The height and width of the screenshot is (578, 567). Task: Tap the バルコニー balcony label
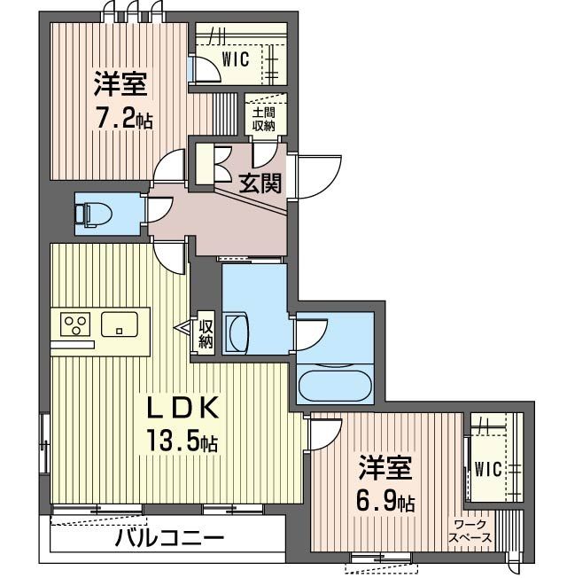pyautogui.click(x=168, y=538)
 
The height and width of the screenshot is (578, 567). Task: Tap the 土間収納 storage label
pyautogui.click(x=263, y=119)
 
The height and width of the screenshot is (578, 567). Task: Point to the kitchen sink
pyautogui.click(x=120, y=324)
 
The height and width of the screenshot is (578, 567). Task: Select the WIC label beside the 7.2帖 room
pyautogui.click(x=235, y=59)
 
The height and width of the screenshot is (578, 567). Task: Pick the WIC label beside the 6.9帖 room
pyautogui.click(x=487, y=470)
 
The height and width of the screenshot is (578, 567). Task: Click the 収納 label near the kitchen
pyautogui.click(x=205, y=332)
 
